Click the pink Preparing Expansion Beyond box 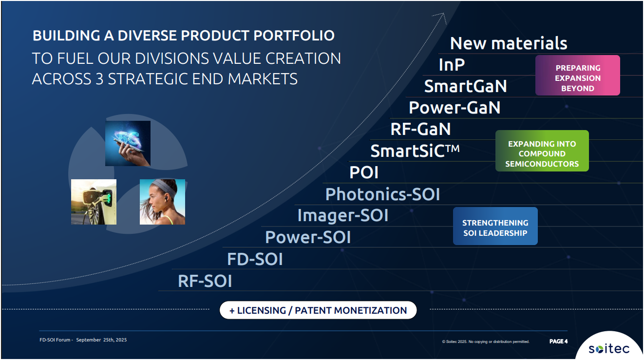[578, 76]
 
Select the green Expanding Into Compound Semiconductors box [542, 151]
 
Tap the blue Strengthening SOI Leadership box [495, 226]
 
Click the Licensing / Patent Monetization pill [318, 310]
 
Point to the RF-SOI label [205, 281]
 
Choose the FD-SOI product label [255, 259]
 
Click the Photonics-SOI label [383, 194]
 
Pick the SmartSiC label [415, 151]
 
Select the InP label [452, 64]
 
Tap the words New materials [509, 43]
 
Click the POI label [364, 172]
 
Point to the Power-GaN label [455, 108]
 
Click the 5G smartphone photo [128, 143]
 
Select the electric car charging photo [94, 202]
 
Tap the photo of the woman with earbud [162, 202]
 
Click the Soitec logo [609, 349]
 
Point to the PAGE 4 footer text [558, 341]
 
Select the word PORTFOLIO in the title [294, 36]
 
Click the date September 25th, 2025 [101, 340]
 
